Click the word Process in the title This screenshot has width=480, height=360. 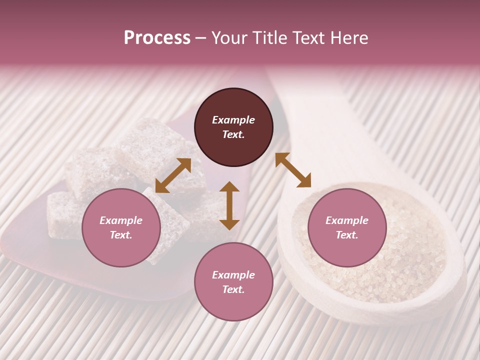coord(157,38)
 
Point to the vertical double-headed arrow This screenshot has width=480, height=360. coord(229,205)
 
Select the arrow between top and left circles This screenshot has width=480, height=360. coord(173,175)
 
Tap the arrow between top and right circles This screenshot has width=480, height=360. coord(293,170)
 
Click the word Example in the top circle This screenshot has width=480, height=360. coord(233,120)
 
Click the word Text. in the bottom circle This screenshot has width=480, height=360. coord(233,289)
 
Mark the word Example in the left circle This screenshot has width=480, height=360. coord(121,220)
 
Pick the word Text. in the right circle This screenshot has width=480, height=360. coord(347,235)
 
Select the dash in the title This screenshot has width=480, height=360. coord(201,38)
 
